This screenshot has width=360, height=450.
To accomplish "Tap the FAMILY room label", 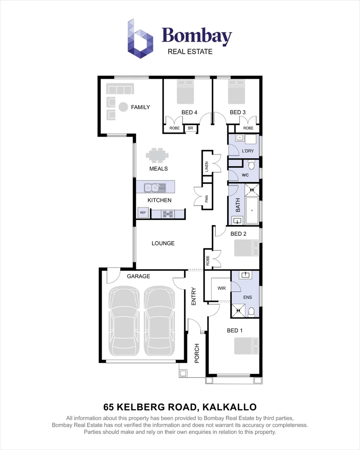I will (140, 107).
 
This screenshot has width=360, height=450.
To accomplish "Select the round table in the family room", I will (123, 107).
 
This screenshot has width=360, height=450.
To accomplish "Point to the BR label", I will (190, 128).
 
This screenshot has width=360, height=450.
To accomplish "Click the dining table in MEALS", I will (157, 155).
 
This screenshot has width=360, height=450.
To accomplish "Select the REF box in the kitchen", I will (143, 213).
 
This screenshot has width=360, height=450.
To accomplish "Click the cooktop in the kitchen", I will (167, 214).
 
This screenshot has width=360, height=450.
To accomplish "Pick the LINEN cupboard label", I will (207, 167).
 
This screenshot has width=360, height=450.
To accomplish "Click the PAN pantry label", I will (206, 199).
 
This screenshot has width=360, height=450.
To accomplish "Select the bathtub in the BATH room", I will (251, 210).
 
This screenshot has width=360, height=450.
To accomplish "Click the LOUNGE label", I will (163, 243).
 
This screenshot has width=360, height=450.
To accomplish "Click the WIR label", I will (221, 288).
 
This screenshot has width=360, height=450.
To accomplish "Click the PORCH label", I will (197, 353).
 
